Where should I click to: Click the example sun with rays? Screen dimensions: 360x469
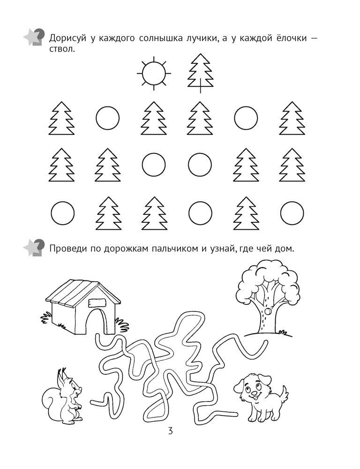point(154,73)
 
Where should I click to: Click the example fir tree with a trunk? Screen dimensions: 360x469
point(200,73)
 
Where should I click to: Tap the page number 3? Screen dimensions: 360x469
point(170,431)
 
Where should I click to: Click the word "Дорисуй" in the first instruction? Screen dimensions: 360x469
point(67,38)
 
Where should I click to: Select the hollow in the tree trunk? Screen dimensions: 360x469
point(267,312)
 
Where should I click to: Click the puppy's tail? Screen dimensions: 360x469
point(282,395)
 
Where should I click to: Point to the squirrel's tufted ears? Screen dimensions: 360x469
point(62,373)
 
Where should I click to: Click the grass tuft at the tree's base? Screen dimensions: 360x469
point(283,333)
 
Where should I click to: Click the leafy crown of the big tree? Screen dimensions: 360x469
point(268,280)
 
